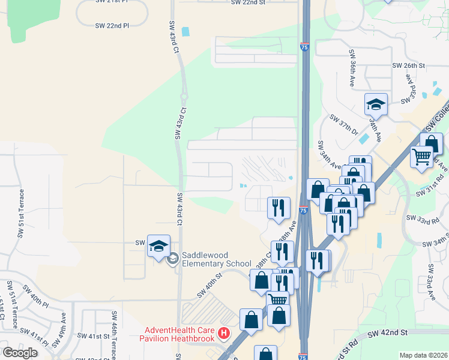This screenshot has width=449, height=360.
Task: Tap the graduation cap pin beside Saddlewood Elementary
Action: tap(158, 247)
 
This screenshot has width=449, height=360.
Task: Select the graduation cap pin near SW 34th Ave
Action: tap(376, 104)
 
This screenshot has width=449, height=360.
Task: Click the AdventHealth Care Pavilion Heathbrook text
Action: tap(181, 334)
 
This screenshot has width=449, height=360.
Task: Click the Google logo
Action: tap(20, 353)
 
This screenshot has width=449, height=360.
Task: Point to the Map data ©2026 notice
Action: tap(424, 355)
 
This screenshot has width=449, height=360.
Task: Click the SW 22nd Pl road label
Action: tap(112, 26)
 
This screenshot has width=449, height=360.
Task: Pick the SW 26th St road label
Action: tap(408, 65)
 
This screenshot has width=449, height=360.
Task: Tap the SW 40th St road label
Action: tap(210, 284)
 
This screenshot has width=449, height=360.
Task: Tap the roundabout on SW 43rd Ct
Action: tap(184, 96)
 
